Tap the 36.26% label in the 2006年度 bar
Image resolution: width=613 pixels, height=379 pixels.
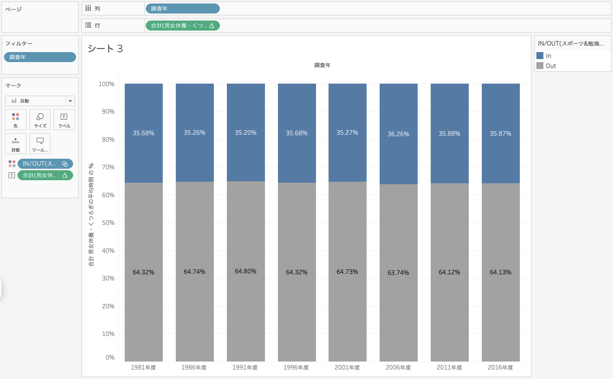(398, 134)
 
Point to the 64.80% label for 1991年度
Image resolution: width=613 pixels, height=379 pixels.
(245, 271)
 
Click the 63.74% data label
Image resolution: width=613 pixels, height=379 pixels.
(398, 273)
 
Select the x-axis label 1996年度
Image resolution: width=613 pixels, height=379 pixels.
(296, 367)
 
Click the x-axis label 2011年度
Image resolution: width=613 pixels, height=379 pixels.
(449, 367)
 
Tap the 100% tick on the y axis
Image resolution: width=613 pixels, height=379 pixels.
(107, 84)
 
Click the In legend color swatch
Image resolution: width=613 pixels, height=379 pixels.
(540, 56)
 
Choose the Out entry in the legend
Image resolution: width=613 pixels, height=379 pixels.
(551, 66)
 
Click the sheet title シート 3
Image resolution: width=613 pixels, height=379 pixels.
(105, 49)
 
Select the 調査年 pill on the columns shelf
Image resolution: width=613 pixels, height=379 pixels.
(182, 9)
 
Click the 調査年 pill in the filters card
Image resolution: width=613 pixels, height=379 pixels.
(40, 57)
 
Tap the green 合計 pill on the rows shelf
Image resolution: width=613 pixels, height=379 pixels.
(182, 26)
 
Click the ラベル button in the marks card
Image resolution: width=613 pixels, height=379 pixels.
(64, 120)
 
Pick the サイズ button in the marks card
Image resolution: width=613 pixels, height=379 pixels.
(40, 120)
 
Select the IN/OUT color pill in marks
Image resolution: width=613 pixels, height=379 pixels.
(45, 164)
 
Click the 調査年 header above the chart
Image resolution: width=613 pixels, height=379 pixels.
(322, 65)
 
